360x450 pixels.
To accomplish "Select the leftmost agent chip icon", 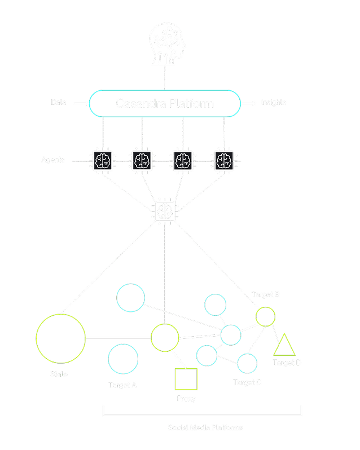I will (103, 160).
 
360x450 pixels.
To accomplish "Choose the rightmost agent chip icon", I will (224, 160).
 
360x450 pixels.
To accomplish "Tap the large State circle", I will (60, 338).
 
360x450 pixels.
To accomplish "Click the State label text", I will (59, 374).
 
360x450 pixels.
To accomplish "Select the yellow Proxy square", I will (186, 379).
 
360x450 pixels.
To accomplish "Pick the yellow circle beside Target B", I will (265, 316).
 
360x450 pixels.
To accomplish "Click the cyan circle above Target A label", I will (123, 359).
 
